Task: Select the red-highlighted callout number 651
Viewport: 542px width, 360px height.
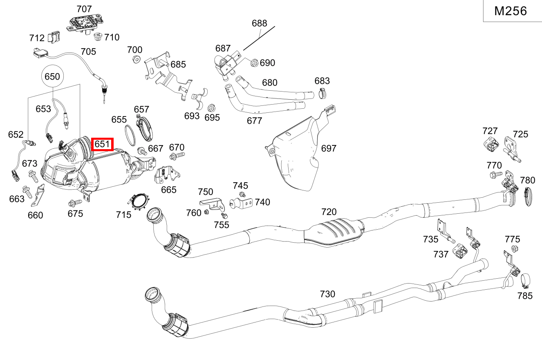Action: [102, 144]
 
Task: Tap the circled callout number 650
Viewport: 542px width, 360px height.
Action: [52, 76]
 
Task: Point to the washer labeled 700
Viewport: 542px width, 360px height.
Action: [135, 60]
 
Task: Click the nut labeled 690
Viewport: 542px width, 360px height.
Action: [253, 63]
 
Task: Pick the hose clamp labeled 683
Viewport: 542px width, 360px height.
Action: [323, 94]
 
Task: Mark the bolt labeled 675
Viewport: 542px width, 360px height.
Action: [75, 202]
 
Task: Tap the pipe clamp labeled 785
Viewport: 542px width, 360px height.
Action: [525, 280]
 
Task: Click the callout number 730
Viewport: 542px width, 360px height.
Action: [327, 294]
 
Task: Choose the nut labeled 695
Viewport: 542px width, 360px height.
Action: [212, 108]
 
